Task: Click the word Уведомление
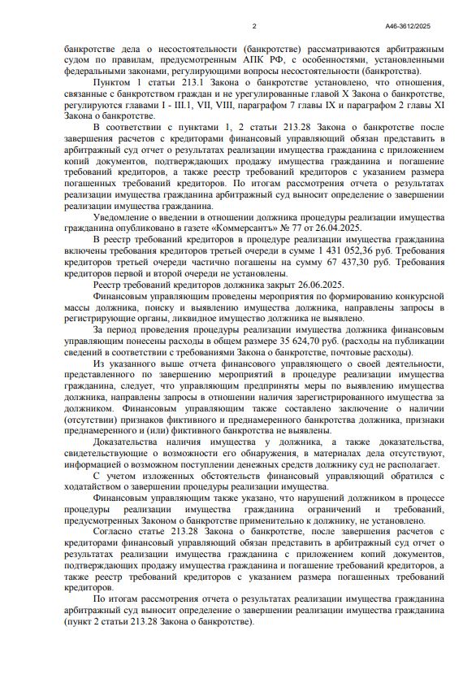coord(129,218)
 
